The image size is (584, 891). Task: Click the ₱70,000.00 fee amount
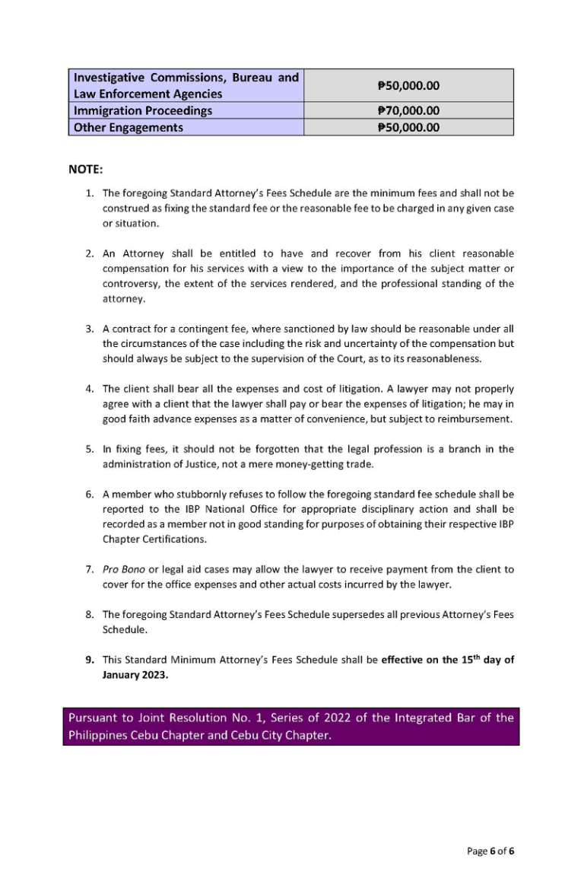click(408, 111)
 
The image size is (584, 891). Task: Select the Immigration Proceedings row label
click(142, 111)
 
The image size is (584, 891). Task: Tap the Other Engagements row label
click(128, 128)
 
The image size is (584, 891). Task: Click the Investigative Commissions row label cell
click(186, 85)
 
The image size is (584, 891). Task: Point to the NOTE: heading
click(85, 168)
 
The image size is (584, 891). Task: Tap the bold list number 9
click(89, 660)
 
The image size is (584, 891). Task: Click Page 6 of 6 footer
click(490, 851)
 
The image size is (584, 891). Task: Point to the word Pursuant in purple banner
click(94, 718)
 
